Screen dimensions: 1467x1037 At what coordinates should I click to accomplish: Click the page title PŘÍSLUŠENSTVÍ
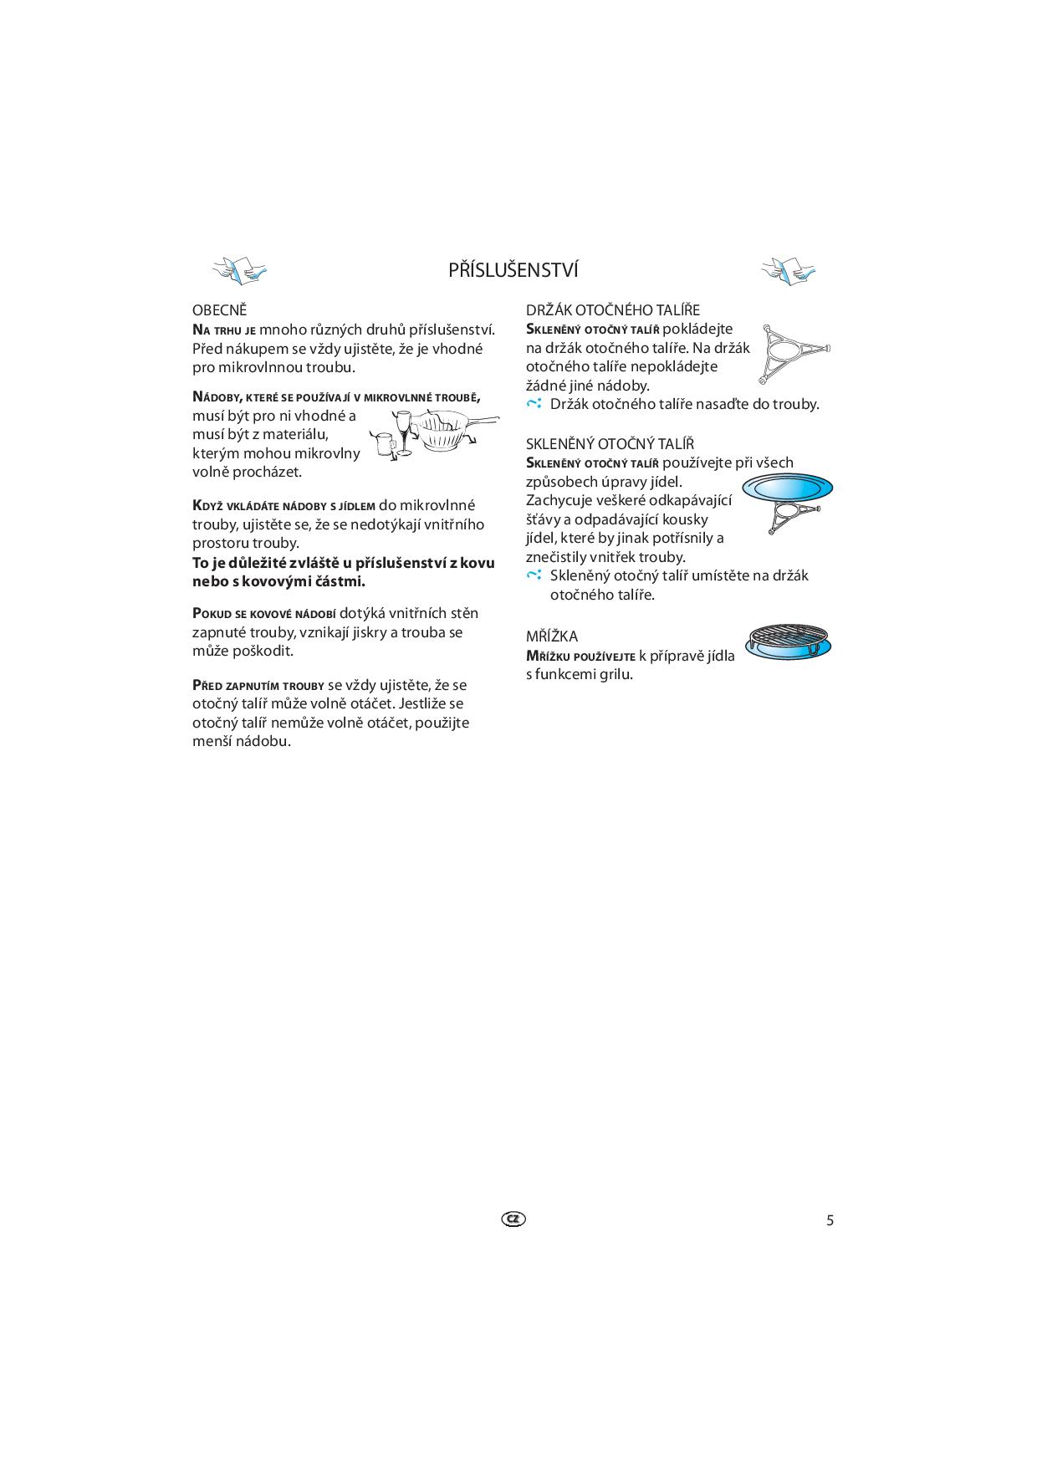[513, 270]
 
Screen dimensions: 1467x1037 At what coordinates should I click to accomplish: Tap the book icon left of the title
[240, 269]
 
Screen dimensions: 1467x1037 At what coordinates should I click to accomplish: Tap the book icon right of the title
[788, 269]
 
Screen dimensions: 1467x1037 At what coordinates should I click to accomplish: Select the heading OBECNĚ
[220, 310]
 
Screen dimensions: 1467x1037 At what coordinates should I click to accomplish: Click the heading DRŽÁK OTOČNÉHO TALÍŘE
[613, 310]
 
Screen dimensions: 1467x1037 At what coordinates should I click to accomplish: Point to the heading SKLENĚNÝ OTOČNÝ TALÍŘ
[610, 444]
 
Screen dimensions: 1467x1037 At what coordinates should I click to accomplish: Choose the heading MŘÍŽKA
[552, 636]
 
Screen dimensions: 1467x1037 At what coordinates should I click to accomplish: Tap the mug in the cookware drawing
[384, 445]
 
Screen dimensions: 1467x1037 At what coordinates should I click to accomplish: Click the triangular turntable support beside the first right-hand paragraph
[794, 352]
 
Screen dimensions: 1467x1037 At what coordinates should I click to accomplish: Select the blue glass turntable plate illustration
[788, 488]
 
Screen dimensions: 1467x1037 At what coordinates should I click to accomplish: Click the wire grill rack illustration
[788, 642]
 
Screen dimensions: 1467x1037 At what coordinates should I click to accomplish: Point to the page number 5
[830, 1220]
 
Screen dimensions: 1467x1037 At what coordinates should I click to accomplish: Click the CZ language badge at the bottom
[514, 1219]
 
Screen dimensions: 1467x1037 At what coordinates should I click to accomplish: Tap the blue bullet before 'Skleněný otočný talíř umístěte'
[534, 575]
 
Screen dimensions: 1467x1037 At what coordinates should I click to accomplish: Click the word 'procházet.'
[270, 472]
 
